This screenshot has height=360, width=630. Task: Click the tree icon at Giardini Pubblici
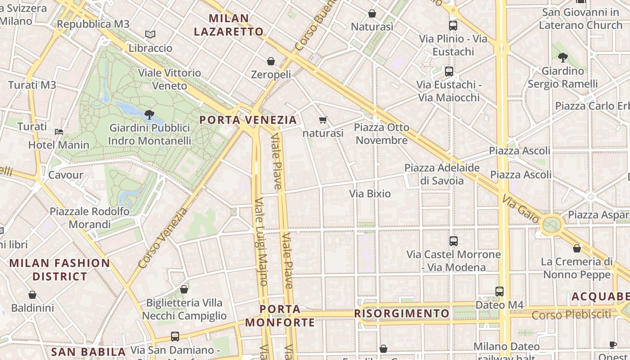pos(149,115)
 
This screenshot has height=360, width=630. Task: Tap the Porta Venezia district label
pos(248,120)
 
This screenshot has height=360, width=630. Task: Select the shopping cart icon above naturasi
pos(323,120)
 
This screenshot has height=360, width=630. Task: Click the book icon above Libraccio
pos(150,34)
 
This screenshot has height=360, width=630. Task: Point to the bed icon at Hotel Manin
pos(59,132)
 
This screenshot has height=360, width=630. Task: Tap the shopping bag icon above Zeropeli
pos(271,61)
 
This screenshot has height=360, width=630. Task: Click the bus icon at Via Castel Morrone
pos(454,241)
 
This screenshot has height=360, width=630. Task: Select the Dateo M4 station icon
pos(499,292)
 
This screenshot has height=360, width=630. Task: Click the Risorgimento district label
pos(402,313)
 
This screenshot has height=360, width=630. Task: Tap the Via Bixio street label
pos(370,194)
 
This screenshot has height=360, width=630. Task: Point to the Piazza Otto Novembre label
pos(382,134)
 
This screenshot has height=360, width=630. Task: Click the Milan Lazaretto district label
pos(229,25)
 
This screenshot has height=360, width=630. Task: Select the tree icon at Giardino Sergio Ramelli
pos(562,57)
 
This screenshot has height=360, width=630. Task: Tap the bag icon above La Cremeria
pos(577,248)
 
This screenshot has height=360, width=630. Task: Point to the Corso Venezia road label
pos(162,238)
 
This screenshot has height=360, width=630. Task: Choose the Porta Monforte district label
pos(280,315)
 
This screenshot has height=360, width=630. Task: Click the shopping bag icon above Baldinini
pos(32,295)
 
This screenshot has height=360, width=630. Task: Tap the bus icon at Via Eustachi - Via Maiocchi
pos(449,71)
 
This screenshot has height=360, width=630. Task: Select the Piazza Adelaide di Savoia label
pos(442,174)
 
